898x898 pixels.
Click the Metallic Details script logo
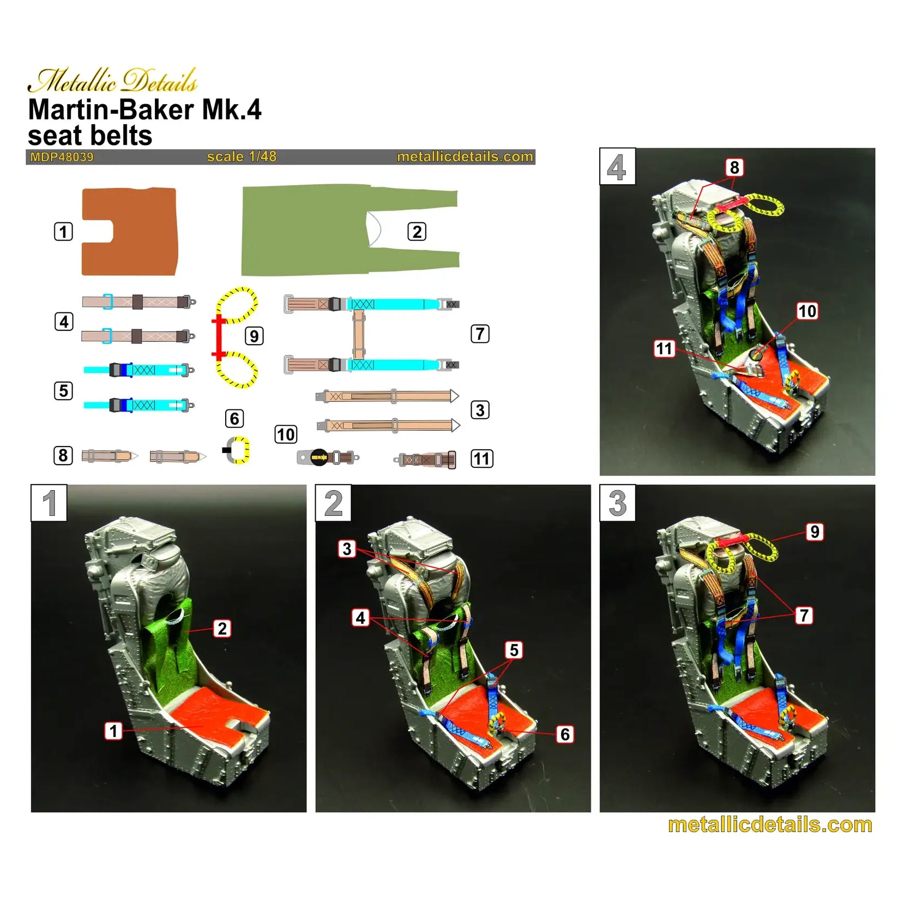tap(112, 81)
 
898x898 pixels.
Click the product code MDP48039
tap(62, 157)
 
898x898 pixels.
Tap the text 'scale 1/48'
tap(242, 156)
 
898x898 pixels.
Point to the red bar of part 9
tap(219, 337)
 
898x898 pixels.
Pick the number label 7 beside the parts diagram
tap(480, 334)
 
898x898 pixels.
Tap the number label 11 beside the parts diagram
tap(482, 459)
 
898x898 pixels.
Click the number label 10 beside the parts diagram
tap(286, 435)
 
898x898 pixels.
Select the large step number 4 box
tap(617, 167)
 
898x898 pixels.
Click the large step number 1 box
tap(49, 503)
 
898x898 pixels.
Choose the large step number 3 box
tap(617, 503)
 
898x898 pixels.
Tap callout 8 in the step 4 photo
tap(734, 167)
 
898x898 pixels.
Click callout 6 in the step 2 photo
tap(565, 734)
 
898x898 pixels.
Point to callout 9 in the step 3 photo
tap(815, 532)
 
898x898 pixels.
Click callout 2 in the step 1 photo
tap(222, 629)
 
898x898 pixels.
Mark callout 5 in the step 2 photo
tap(514, 650)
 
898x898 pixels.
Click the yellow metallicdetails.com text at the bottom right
tap(769, 824)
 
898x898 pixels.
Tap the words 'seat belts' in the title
tap(90, 135)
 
